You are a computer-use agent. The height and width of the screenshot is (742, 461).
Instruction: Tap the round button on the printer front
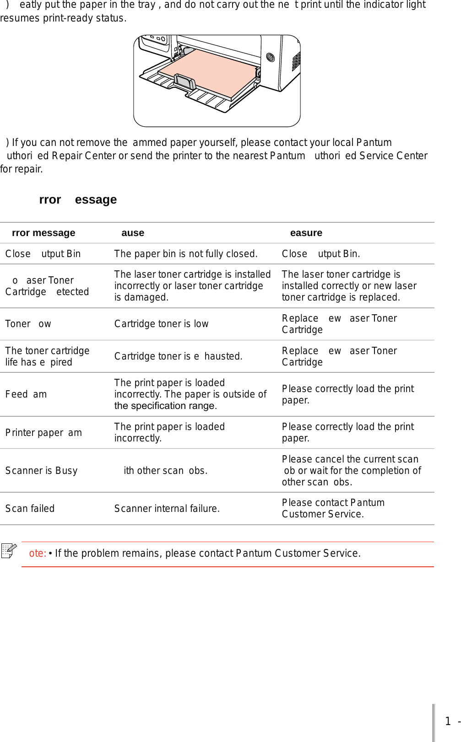pyautogui.click(x=270, y=58)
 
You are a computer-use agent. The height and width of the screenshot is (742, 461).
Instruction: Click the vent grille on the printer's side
pyautogui.click(x=296, y=61)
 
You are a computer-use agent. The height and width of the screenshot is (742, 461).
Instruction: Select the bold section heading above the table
pyautogui.click(x=78, y=200)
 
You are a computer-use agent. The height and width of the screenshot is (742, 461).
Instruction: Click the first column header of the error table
pyautogui.click(x=43, y=233)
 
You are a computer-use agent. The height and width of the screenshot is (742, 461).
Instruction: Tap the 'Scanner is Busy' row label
pyautogui.click(x=41, y=471)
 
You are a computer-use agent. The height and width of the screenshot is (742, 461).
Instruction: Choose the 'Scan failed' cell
pyautogui.click(x=30, y=509)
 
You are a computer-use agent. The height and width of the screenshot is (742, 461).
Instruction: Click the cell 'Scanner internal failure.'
pyautogui.click(x=167, y=509)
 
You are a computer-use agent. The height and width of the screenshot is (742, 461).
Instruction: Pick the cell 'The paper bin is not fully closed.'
pyautogui.click(x=185, y=254)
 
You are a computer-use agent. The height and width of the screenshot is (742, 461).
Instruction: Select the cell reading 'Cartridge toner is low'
pyautogui.click(x=161, y=324)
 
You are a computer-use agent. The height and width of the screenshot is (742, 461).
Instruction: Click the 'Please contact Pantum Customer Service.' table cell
pyautogui.click(x=333, y=508)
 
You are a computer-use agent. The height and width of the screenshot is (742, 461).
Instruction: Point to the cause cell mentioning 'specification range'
pyautogui.click(x=190, y=394)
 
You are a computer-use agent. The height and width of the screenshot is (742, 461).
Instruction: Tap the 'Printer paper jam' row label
pyautogui.click(x=43, y=433)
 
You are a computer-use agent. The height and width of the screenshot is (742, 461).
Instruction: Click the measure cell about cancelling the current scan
pyautogui.click(x=351, y=471)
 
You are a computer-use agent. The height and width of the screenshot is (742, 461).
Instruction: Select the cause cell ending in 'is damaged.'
pyautogui.click(x=192, y=286)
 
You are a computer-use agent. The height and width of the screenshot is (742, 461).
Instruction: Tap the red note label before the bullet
pyautogui.click(x=38, y=554)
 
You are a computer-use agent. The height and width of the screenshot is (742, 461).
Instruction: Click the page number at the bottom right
pyautogui.click(x=448, y=721)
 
